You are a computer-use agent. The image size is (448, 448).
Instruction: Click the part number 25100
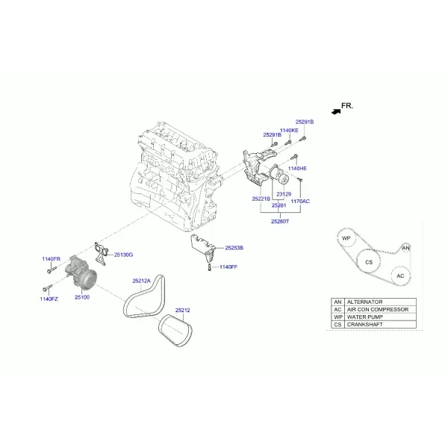[82, 297]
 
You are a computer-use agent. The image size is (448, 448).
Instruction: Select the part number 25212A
[141, 281]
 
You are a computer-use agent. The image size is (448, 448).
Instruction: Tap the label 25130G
[123, 255]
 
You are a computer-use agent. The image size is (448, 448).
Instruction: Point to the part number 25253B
[234, 248]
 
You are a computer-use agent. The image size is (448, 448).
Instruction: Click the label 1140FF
[228, 267]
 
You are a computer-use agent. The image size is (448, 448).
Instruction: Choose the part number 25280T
[280, 221]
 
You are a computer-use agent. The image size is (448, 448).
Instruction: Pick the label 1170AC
[300, 201]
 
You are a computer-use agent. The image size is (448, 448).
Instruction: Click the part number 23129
[284, 194]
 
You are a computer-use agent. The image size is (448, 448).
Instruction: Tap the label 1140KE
[289, 130]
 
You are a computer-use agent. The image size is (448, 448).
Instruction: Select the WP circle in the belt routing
[346, 238]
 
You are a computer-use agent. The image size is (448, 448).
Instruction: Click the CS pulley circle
[369, 261]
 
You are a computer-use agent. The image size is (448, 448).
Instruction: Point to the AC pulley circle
[400, 276]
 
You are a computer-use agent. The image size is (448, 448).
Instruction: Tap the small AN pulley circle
[405, 248]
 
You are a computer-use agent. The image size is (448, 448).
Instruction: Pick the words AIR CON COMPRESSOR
[378, 309]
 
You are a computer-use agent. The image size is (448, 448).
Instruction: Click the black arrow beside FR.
[336, 111]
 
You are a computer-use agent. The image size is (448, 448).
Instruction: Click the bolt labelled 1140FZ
[48, 287]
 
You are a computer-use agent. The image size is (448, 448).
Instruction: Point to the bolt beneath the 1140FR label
[52, 270]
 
